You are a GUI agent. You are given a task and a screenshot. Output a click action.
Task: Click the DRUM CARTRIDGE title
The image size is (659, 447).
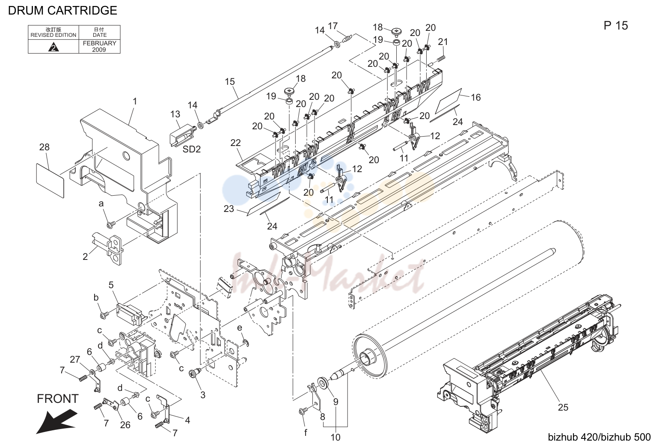click(x=62, y=11)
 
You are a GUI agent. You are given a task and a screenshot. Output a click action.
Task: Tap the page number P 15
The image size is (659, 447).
click(x=616, y=26)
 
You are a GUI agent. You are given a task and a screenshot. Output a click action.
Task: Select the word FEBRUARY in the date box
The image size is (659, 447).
click(x=99, y=43)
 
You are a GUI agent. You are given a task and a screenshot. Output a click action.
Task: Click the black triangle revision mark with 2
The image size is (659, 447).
click(x=53, y=47)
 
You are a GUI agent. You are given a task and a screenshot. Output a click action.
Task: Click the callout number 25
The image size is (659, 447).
click(x=563, y=407)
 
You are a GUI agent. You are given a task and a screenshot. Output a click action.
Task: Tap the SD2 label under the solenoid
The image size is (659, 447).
click(x=192, y=149)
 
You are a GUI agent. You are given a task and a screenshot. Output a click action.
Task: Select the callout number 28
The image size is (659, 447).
click(x=45, y=147)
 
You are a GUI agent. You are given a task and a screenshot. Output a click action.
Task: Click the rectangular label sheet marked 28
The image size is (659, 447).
click(x=50, y=180)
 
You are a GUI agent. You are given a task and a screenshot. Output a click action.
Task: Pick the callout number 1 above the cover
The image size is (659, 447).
click(x=135, y=101)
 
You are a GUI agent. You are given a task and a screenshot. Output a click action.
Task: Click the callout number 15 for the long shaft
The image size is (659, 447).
click(x=230, y=81)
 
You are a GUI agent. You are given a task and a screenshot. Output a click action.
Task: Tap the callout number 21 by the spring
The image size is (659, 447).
click(x=443, y=42)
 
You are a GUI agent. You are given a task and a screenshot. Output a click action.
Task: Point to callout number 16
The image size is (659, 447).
click(x=476, y=97)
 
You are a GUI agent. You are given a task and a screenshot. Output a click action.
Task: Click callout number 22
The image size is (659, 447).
click(x=235, y=143)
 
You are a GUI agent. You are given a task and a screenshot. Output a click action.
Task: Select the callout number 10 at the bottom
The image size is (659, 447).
click(x=335, y=437)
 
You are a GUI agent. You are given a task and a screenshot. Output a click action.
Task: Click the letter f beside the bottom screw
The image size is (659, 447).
click(x=306, y=432)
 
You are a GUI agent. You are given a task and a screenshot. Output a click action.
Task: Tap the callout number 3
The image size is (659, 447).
click(x=203, y=395)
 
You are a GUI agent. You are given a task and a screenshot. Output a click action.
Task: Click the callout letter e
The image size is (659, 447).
click(x=240, y=328)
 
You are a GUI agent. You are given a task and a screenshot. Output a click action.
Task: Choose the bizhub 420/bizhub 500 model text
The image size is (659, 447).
click(x=599, y=437)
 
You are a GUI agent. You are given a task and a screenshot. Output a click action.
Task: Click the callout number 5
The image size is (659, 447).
click(x=111, y=285)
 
